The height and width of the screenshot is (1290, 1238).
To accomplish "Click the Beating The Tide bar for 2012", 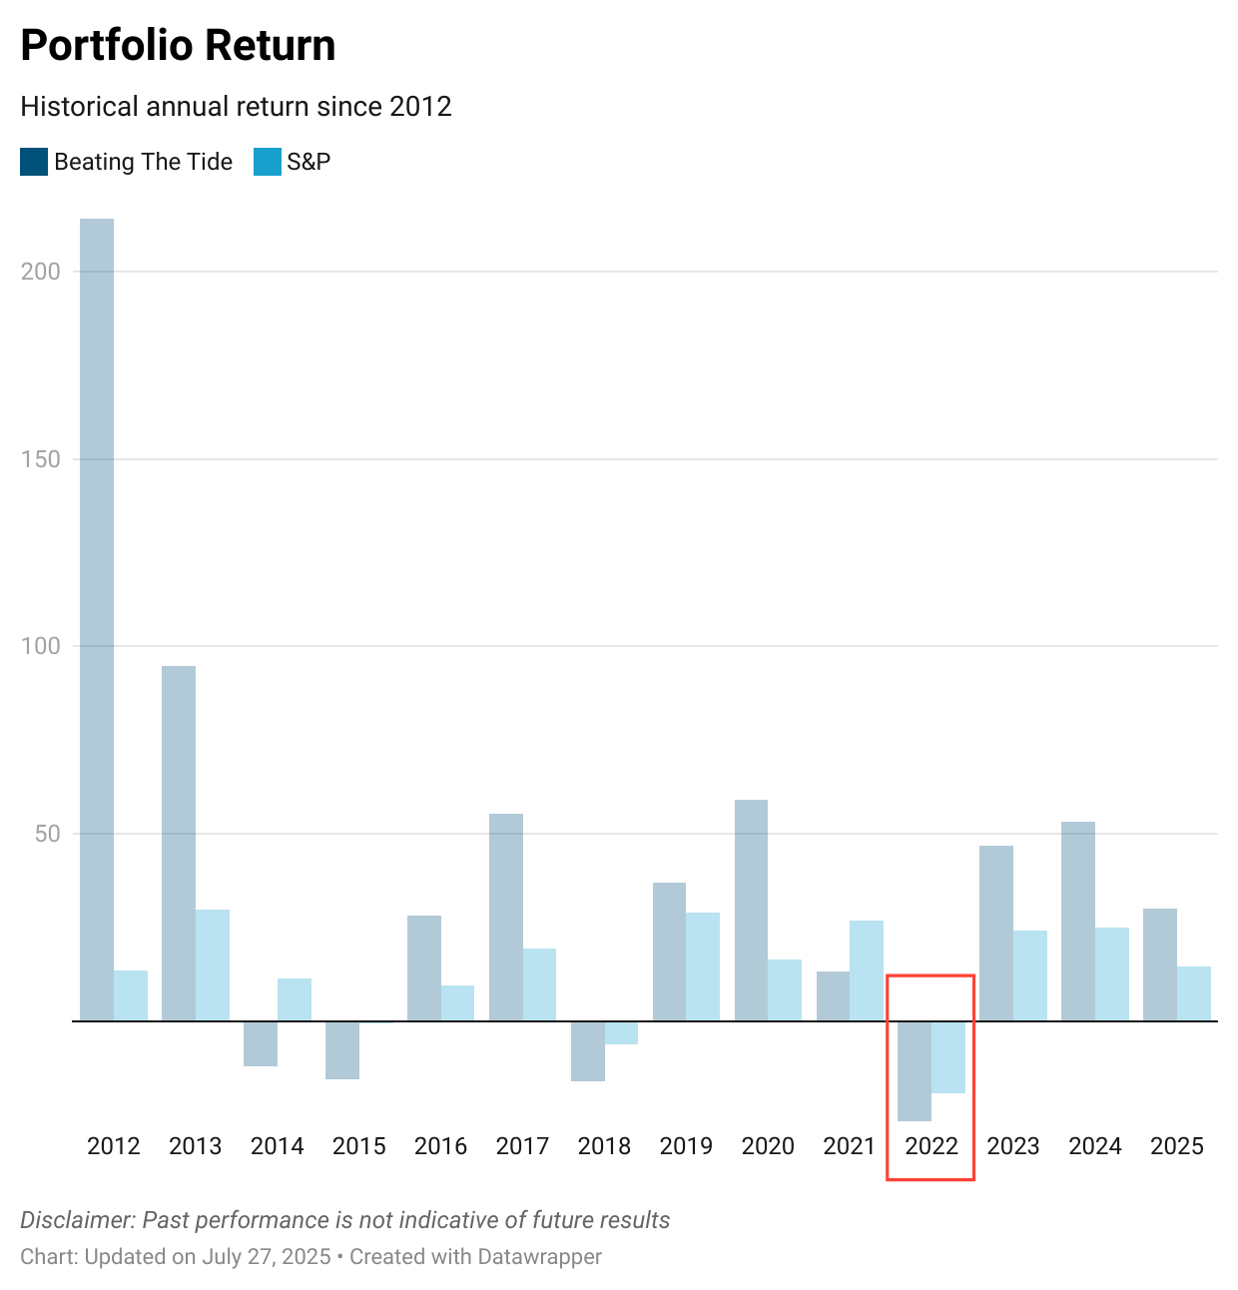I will point(97,619).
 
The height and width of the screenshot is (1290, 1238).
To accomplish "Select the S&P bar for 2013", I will point(213,965).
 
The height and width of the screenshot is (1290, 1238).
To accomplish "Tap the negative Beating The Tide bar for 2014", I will point(261,1043).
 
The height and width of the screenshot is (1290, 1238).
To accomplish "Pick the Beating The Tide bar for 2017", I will point(506,917).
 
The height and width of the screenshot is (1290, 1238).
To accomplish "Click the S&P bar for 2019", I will point(703,967).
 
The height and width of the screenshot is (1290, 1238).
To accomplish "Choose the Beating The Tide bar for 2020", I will point(752,910).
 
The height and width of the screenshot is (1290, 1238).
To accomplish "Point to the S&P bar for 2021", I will point(867,970).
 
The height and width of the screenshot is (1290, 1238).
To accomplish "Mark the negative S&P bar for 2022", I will point(948,1056).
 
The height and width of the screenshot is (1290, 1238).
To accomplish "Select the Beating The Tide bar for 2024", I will point(1078,921).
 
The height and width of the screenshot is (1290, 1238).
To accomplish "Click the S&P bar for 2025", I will point(1194,993).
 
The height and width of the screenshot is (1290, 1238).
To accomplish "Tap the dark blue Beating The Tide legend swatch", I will point(34,162).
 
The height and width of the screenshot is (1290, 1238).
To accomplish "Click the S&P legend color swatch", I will point(268,162).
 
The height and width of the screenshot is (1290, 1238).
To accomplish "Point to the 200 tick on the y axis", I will point(41,272).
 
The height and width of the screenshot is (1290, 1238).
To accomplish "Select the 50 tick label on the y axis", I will point(48,834).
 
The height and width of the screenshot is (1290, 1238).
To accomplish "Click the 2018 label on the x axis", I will point(604,1146).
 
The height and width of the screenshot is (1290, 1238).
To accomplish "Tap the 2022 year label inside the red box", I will point(931,1146).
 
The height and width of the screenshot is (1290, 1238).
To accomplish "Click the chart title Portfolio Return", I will point(178,46).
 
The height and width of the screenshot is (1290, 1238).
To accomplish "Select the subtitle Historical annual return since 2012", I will point(236,107).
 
